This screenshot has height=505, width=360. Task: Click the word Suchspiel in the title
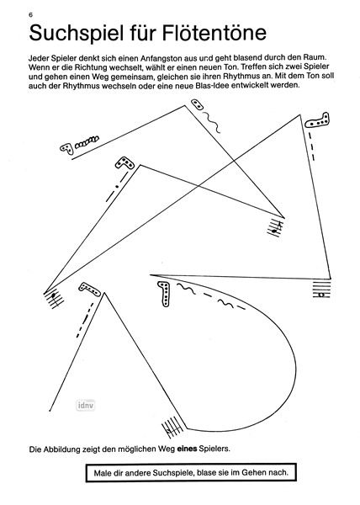point(77,34)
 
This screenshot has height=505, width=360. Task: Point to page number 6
point(30,15)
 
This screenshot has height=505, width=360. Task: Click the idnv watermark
point(86,405)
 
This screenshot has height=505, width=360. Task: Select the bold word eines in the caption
point(187,449)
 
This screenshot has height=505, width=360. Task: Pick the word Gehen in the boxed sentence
point(252,473)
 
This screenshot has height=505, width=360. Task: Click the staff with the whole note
point(321,290)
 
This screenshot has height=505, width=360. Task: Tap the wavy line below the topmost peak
point(212,122)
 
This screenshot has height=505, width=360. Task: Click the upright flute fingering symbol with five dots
point(164,294)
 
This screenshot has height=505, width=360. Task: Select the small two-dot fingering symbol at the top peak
point(197,105)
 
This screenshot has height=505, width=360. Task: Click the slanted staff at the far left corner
point(54,298)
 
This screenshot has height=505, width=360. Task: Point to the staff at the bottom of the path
point(172,428)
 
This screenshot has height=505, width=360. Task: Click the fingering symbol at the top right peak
point(318,121)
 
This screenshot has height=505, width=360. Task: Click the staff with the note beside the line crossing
point(275,228)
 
